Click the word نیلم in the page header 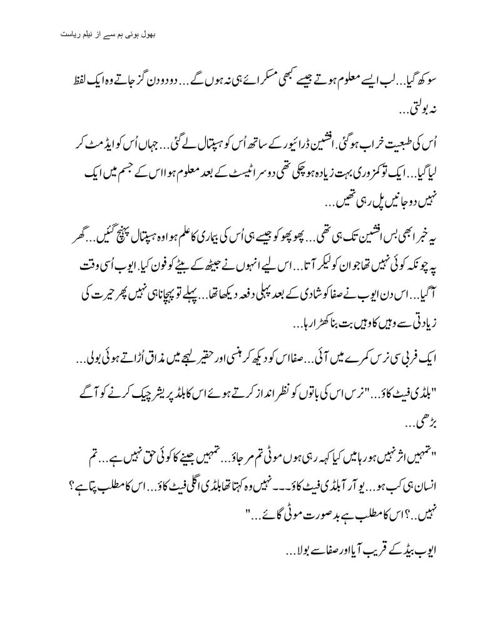[85, 32]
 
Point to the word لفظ [435, 84]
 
